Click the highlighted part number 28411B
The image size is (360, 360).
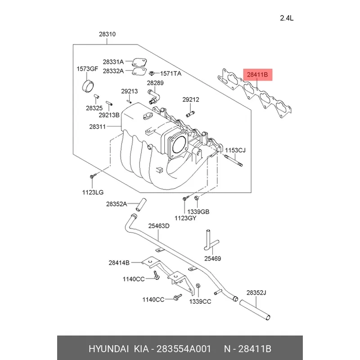click(257, 75)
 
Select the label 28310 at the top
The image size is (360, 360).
click(107, 33)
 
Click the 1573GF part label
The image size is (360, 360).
click(86, 69)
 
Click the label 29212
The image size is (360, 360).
click(190, 99)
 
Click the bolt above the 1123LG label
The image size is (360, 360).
click(92, 176)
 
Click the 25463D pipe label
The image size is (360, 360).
click(159, 226)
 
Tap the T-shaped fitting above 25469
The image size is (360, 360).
click(210, 241)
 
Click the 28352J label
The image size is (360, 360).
click(256, 293)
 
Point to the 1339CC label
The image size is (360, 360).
click(200, 301)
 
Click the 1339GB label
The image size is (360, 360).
click(199, 211)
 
